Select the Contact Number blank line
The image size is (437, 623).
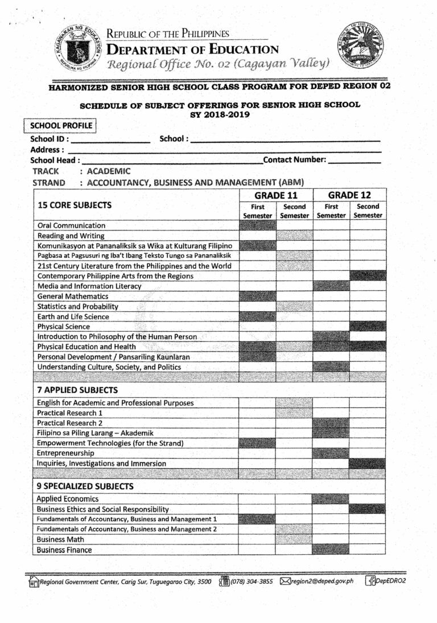pyautogui.click(x=354, y=160)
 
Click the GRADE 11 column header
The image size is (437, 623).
pyautogui.click(x=276, y=195)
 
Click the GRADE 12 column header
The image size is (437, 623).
pyautogui.click(x=349, y=195)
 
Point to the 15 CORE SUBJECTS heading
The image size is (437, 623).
pyautogui.click(x=75, y=205)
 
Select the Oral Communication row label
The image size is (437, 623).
pyautogui.click(x=71, y=225)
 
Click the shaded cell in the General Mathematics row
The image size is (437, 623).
pyautogui.click(x=257, y=296)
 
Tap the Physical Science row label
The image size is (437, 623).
pyautogui.click(x=64, y=327)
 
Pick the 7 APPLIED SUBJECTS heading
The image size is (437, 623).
pyautogui.click(x=77, y=390)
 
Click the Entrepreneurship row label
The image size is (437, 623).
pyautogui.click(x=65, y=453)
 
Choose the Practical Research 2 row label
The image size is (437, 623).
pyautogui.click(x=69, y=423)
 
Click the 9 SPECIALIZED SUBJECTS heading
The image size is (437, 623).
pyautogui.click(x=85, y=486)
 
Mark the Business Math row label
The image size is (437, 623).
pyautogui.click(x=60, y=539)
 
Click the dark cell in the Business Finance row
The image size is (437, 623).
pyautogui.click(x=331, y=550)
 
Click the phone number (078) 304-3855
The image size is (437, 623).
pyautogui.click(x=251, y=581)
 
